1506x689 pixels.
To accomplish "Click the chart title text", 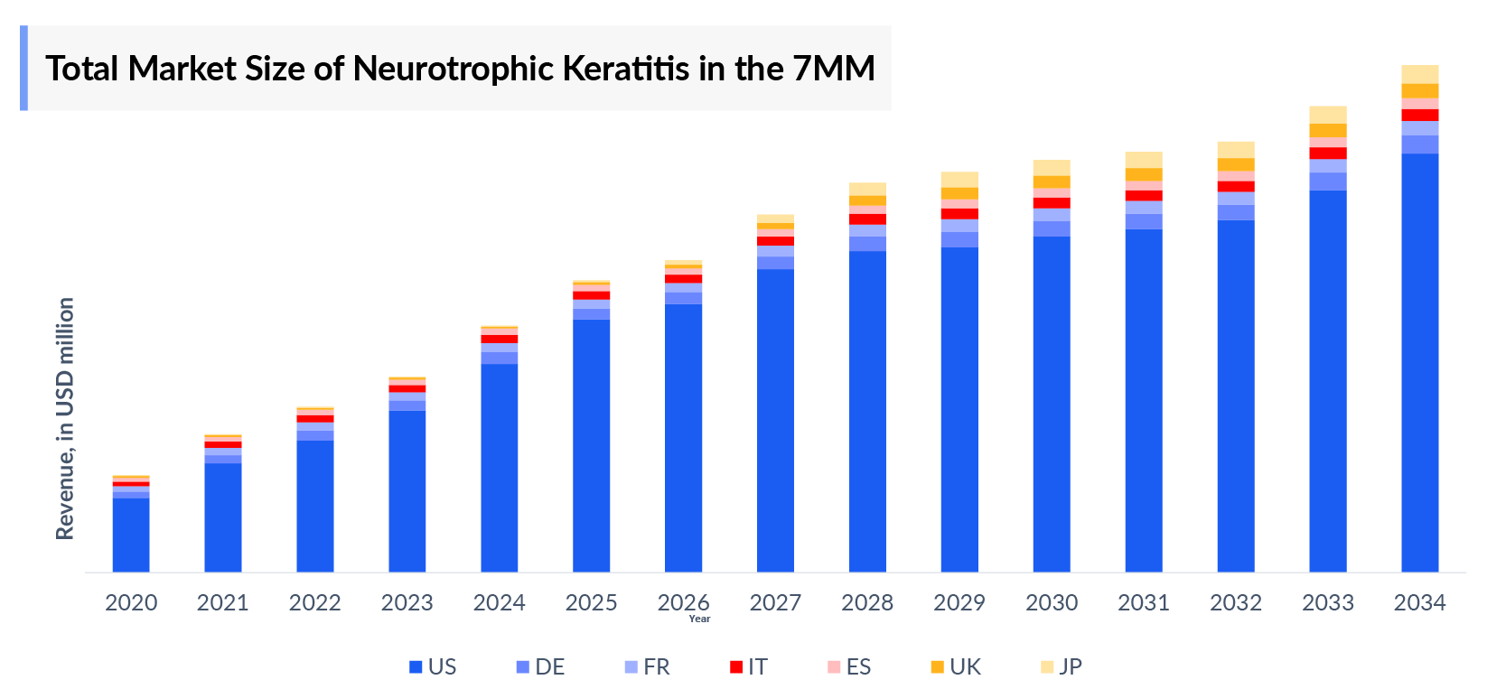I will coord(460,69).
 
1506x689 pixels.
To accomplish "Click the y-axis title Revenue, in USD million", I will coord(65,419).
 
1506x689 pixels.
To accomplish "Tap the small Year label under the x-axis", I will coord(699,619).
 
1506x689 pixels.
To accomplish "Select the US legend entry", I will coord(433,667).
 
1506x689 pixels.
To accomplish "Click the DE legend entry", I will coord(540,667).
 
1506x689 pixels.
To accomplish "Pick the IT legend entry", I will coord(749,667).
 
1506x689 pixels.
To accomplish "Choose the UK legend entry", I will coord(956,667).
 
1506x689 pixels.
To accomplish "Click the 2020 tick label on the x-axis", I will coord(131,602).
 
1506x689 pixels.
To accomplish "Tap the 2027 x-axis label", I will coord(775,602).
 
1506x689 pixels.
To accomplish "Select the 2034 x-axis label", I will coord(1419,602).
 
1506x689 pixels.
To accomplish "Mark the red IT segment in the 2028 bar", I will coord(867,219).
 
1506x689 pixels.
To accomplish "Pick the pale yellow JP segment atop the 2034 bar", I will coord(1419,74).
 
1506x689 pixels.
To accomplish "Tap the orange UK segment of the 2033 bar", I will coord(1327,130).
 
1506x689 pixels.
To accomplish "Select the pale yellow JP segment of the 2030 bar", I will coord(1052,167).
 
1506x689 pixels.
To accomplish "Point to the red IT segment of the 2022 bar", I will coord(315,419).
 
